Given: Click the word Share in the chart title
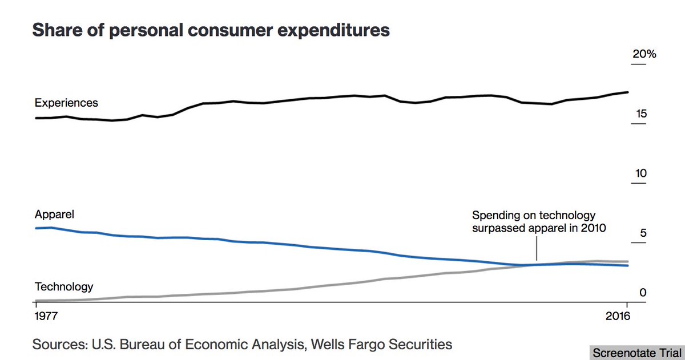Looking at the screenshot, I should tap(55, 30).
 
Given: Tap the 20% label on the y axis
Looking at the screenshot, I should tap(644, 55).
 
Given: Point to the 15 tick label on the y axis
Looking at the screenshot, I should tap(640, 114).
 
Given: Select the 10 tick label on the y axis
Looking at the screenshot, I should tap(640, 173).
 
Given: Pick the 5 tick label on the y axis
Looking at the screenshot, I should tap(643, 233).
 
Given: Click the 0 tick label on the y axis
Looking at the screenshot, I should tap(643, 293).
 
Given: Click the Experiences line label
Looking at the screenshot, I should tap(66, 103).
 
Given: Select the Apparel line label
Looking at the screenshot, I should tap(55, 215).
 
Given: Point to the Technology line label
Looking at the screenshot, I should tap(64, 286).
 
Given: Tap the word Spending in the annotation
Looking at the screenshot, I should tap(491, 216).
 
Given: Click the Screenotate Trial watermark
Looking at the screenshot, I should tap(636, 353).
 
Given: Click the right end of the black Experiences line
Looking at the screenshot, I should tap(628, 92).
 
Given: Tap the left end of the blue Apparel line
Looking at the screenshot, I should tap(37, 228).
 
